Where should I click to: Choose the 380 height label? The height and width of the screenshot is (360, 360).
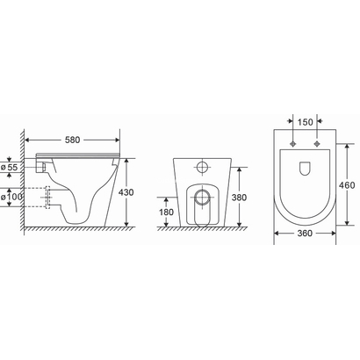(237, 197)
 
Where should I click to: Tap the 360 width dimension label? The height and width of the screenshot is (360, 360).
(306, 234)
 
